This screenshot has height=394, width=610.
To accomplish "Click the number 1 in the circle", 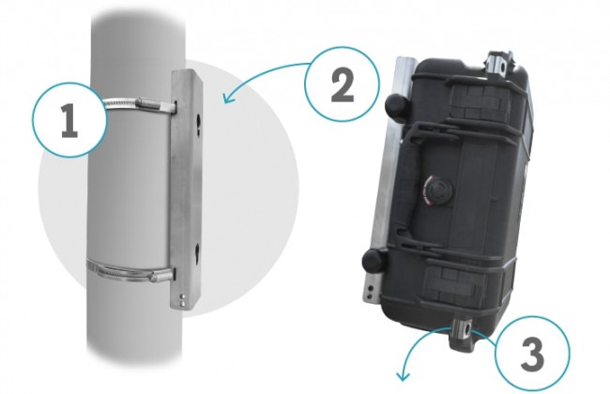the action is pos(69,121).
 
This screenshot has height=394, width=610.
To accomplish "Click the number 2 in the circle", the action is pos(343,86).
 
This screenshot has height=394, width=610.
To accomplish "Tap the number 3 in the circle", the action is pos(532,355).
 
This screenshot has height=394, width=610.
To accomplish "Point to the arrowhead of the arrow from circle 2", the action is pos(229,98).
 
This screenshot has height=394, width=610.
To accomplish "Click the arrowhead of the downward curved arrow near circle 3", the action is pos(403,375).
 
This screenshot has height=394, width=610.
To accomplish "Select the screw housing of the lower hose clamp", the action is pos(161,276).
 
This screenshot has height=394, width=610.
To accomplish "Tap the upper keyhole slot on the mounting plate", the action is pos(198,125).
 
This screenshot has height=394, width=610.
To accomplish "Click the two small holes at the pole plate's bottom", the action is pos(183,300).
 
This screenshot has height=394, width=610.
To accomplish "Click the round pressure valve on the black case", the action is pos(437,190).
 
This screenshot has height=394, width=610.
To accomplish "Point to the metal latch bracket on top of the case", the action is pos(500,64).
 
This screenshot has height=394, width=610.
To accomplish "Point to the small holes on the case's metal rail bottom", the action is pos(370,292).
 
